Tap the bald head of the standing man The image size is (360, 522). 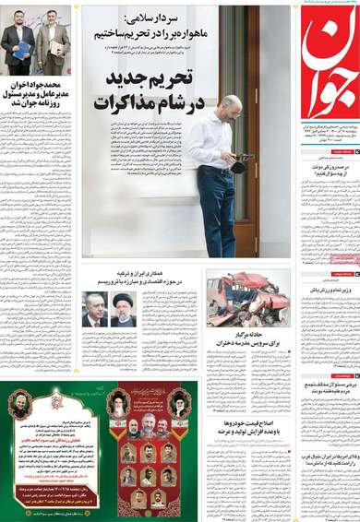(230, 103)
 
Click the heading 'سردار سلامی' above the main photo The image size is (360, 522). (151, 18)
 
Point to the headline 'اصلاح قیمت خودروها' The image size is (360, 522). (250, 430)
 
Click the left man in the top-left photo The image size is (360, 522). (18, 42)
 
